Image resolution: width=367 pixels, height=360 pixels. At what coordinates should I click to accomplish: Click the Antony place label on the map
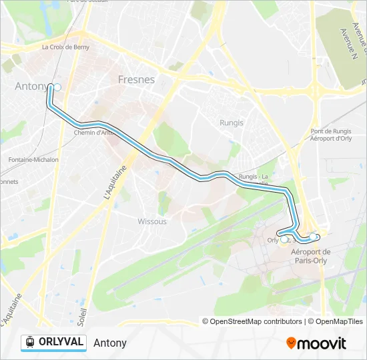pyautogui.click(x=31, y=86)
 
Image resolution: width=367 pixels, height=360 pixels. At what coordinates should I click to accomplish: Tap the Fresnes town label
pyautogui.click(x=136, y=79)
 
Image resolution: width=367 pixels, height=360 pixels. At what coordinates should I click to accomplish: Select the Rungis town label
pyautogui.click(x=232, y=123)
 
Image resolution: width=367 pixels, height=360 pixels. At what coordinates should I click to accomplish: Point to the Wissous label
pyautogui.click(x=152, y=221)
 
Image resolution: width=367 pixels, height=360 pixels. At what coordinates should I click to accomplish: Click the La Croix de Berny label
pyautogui.click(x=65, y=47)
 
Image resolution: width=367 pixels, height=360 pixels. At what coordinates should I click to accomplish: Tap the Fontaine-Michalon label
pyautogui.click(x=33, y=160)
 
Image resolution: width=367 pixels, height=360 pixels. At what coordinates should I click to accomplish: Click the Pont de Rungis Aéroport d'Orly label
pyautogui.click(x=331, y=135)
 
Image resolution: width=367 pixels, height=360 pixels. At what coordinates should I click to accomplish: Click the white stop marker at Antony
pyautogui.click(x=57, y=87)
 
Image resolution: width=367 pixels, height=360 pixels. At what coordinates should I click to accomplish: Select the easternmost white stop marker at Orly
pyautogui.click(x=313, y=237)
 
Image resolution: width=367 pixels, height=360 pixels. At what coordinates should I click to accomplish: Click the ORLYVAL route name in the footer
pyautogui.click(x=61, y=342)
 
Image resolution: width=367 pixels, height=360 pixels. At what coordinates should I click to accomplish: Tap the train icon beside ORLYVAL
pyautogui.click(x=29, y=342)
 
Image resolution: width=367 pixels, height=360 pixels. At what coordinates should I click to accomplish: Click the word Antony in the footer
pyautogui.click(x=110, y=343)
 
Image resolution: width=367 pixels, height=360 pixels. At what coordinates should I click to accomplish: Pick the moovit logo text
pyautogui.click(x=322, y=343)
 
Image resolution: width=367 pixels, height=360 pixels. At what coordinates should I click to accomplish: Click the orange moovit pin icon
pyautogui.click(x=291, y=343)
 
